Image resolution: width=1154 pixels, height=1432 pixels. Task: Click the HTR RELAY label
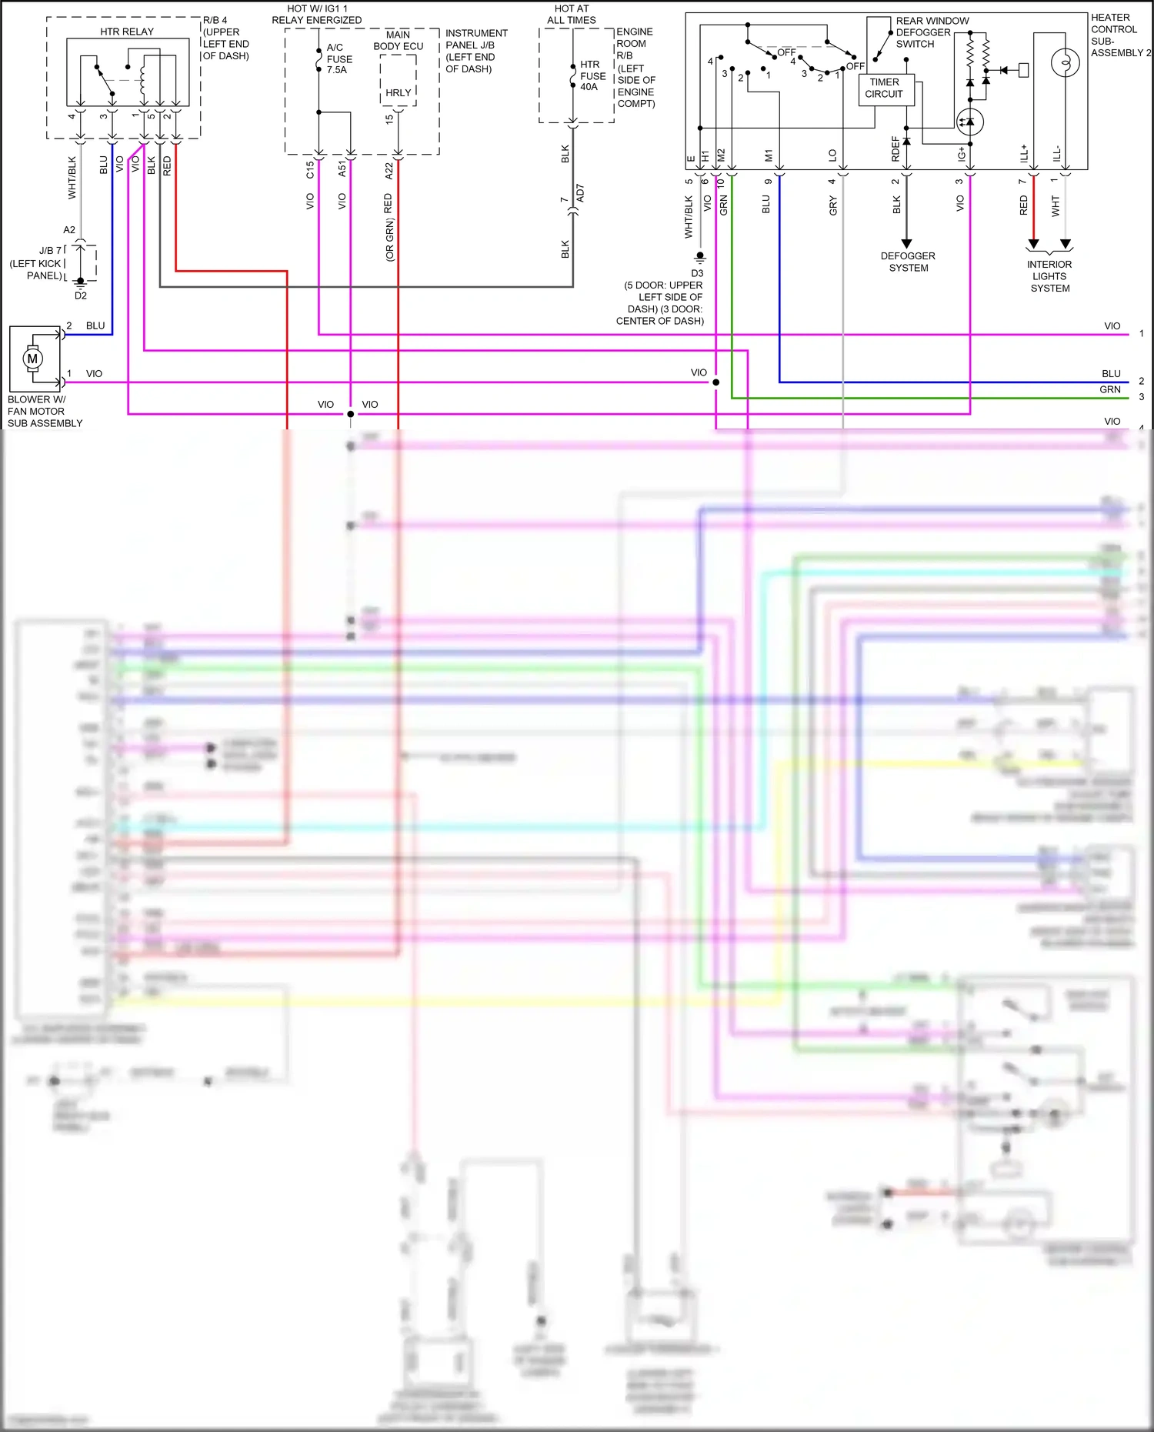[x=127, y=32]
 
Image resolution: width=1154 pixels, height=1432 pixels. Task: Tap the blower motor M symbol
[x=32, y=359]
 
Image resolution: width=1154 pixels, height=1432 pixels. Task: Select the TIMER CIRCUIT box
[x=884, y=88]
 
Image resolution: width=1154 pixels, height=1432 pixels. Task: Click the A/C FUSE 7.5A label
[x=339, y=58]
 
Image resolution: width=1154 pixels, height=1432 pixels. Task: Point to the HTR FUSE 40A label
[x=592, y=75]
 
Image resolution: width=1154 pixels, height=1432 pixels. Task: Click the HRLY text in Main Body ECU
[x=398, y=92]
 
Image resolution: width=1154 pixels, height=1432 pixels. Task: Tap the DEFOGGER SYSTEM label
[x=908, y=262]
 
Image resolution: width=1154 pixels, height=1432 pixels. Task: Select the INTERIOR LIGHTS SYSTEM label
[x=1049, y=276]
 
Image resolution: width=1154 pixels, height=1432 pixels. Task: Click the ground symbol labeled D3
[x=700, y=256]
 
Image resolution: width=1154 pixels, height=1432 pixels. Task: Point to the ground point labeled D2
[x=81, y=283]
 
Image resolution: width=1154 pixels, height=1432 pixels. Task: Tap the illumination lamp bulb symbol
[x=1066, y=62]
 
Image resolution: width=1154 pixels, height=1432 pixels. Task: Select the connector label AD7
[x=580, y=193]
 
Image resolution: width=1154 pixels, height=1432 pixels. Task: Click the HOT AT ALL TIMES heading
[x=572, y=14]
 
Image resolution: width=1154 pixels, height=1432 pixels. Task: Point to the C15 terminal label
[x=310, y=169]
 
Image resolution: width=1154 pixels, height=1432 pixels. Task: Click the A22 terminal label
[x=389, y=170]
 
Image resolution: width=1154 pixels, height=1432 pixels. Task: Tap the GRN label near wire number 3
[x=1109, y=389]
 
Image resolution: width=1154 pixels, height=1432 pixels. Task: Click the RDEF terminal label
[x=896, y=149]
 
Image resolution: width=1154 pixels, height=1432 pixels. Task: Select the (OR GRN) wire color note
[x=390, y=239]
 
